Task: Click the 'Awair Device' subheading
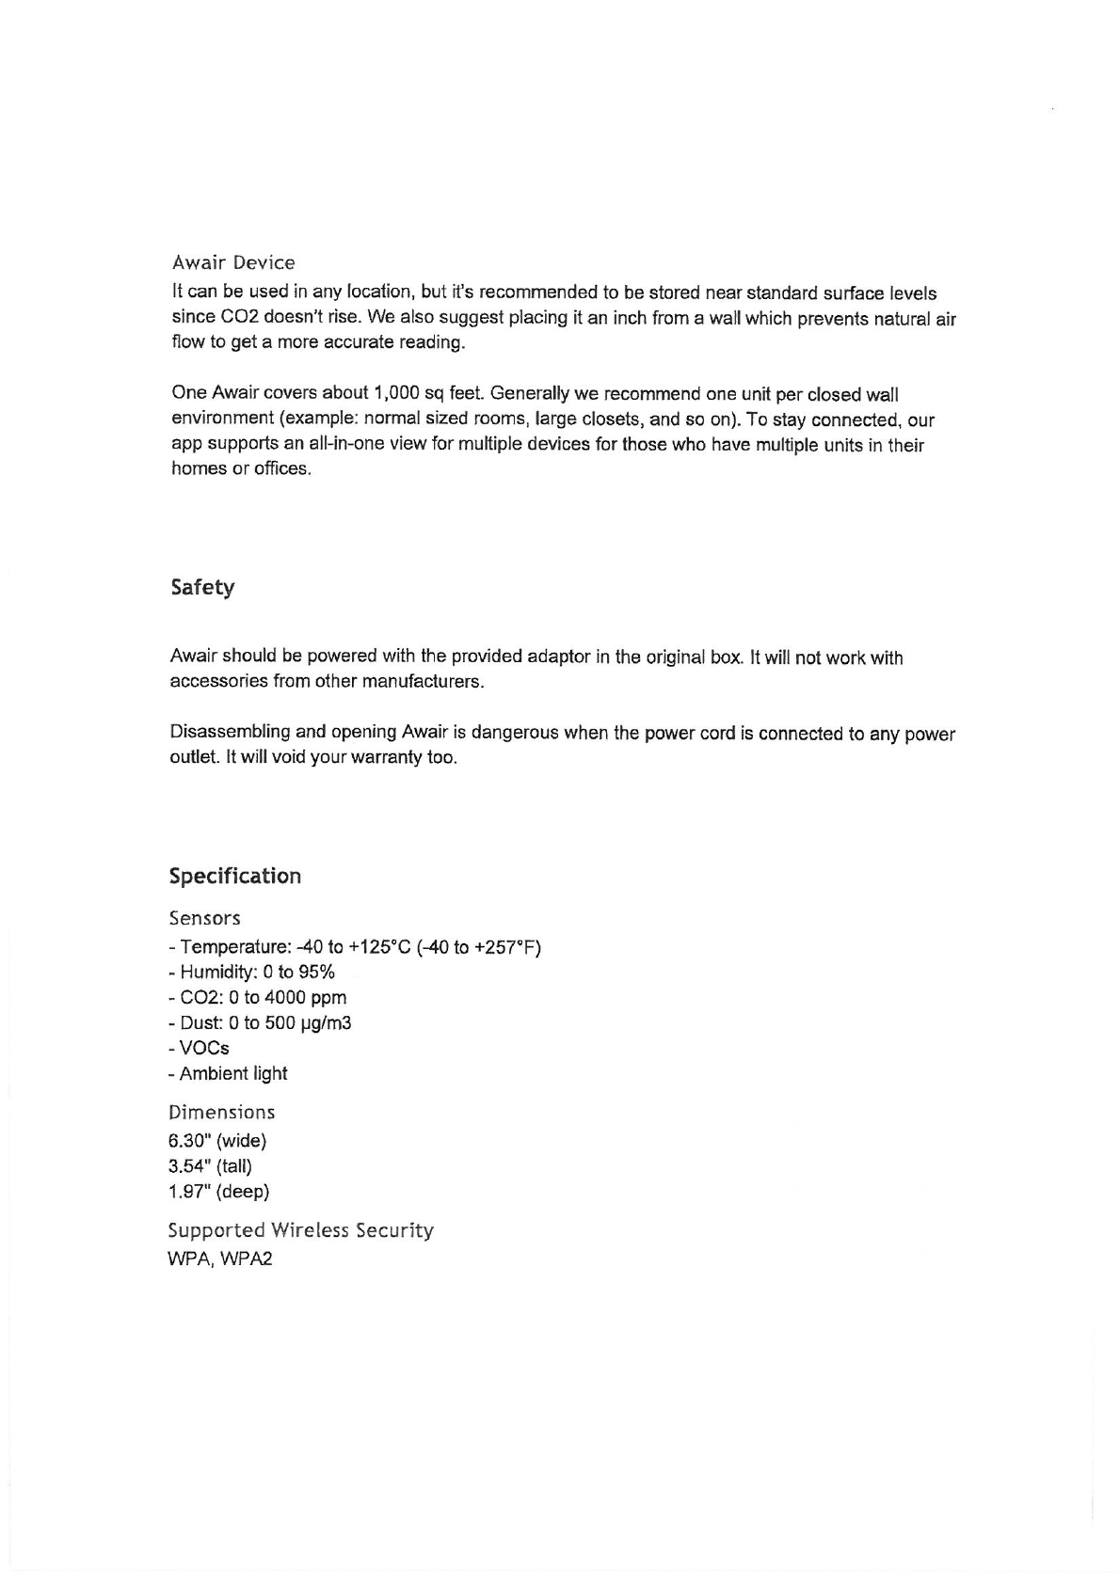233,262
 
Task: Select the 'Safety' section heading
202,588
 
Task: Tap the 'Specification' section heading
235,877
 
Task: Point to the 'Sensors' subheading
205,918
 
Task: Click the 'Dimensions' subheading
222,1113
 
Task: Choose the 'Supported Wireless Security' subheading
301,1230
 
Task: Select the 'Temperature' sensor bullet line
356,947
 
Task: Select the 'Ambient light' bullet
229,1074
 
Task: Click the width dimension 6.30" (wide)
217,1142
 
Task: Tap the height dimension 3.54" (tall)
211,1167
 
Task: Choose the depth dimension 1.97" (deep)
219,1193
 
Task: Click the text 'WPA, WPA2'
220,1259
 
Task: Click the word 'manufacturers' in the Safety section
426,682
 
